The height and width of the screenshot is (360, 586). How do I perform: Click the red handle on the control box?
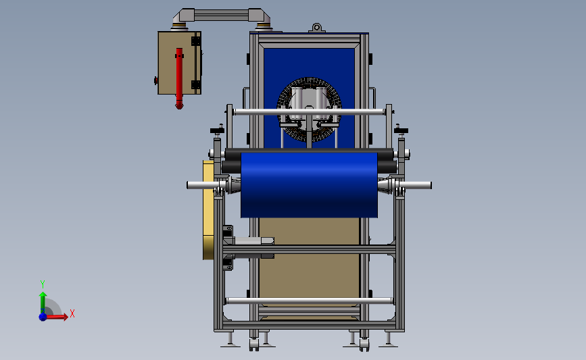click(x=179, y=78)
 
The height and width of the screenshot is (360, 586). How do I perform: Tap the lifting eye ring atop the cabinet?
click(x=316, y=27)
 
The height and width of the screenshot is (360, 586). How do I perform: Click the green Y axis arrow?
click(x=43, y=303)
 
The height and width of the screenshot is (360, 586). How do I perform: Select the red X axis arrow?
click(x=57, y=317)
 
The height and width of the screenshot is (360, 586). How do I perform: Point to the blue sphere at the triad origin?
click(x=43, y=317)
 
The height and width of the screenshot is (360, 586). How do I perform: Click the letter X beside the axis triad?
click(x=72, y=313)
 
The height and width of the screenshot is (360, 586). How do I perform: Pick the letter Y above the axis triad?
click(x=42, y=284)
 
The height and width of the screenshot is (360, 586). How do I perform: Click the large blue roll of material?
click(x=309, y=185)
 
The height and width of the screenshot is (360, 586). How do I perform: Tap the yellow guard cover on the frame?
click(x=208, y=210)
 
